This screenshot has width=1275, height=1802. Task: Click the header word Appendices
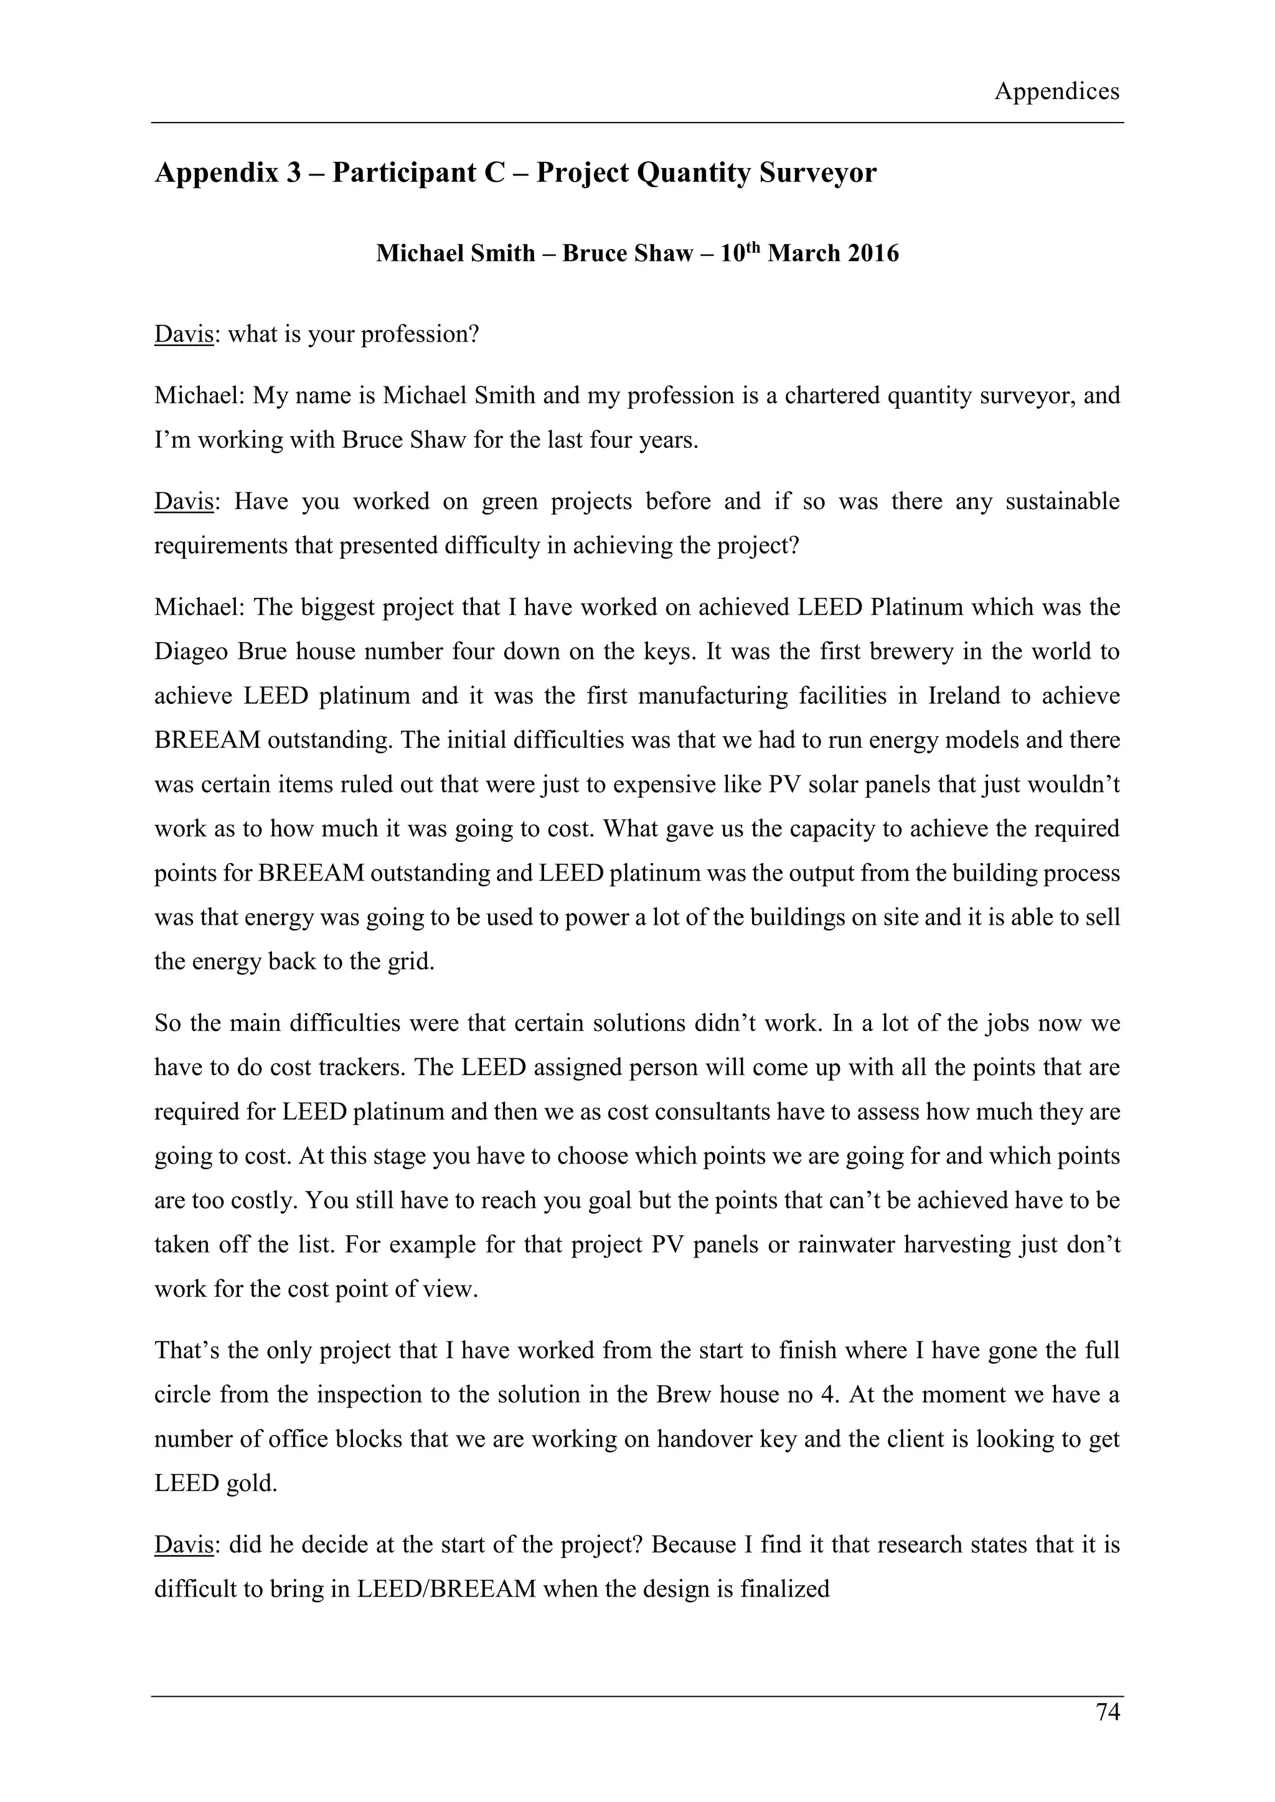[x=1056, y=92]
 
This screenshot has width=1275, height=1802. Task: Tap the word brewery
[x=876, y=652]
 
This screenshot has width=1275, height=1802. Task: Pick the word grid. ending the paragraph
[x=408, y=961]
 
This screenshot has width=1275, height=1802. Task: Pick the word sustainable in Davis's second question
[x=1062, y=502]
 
